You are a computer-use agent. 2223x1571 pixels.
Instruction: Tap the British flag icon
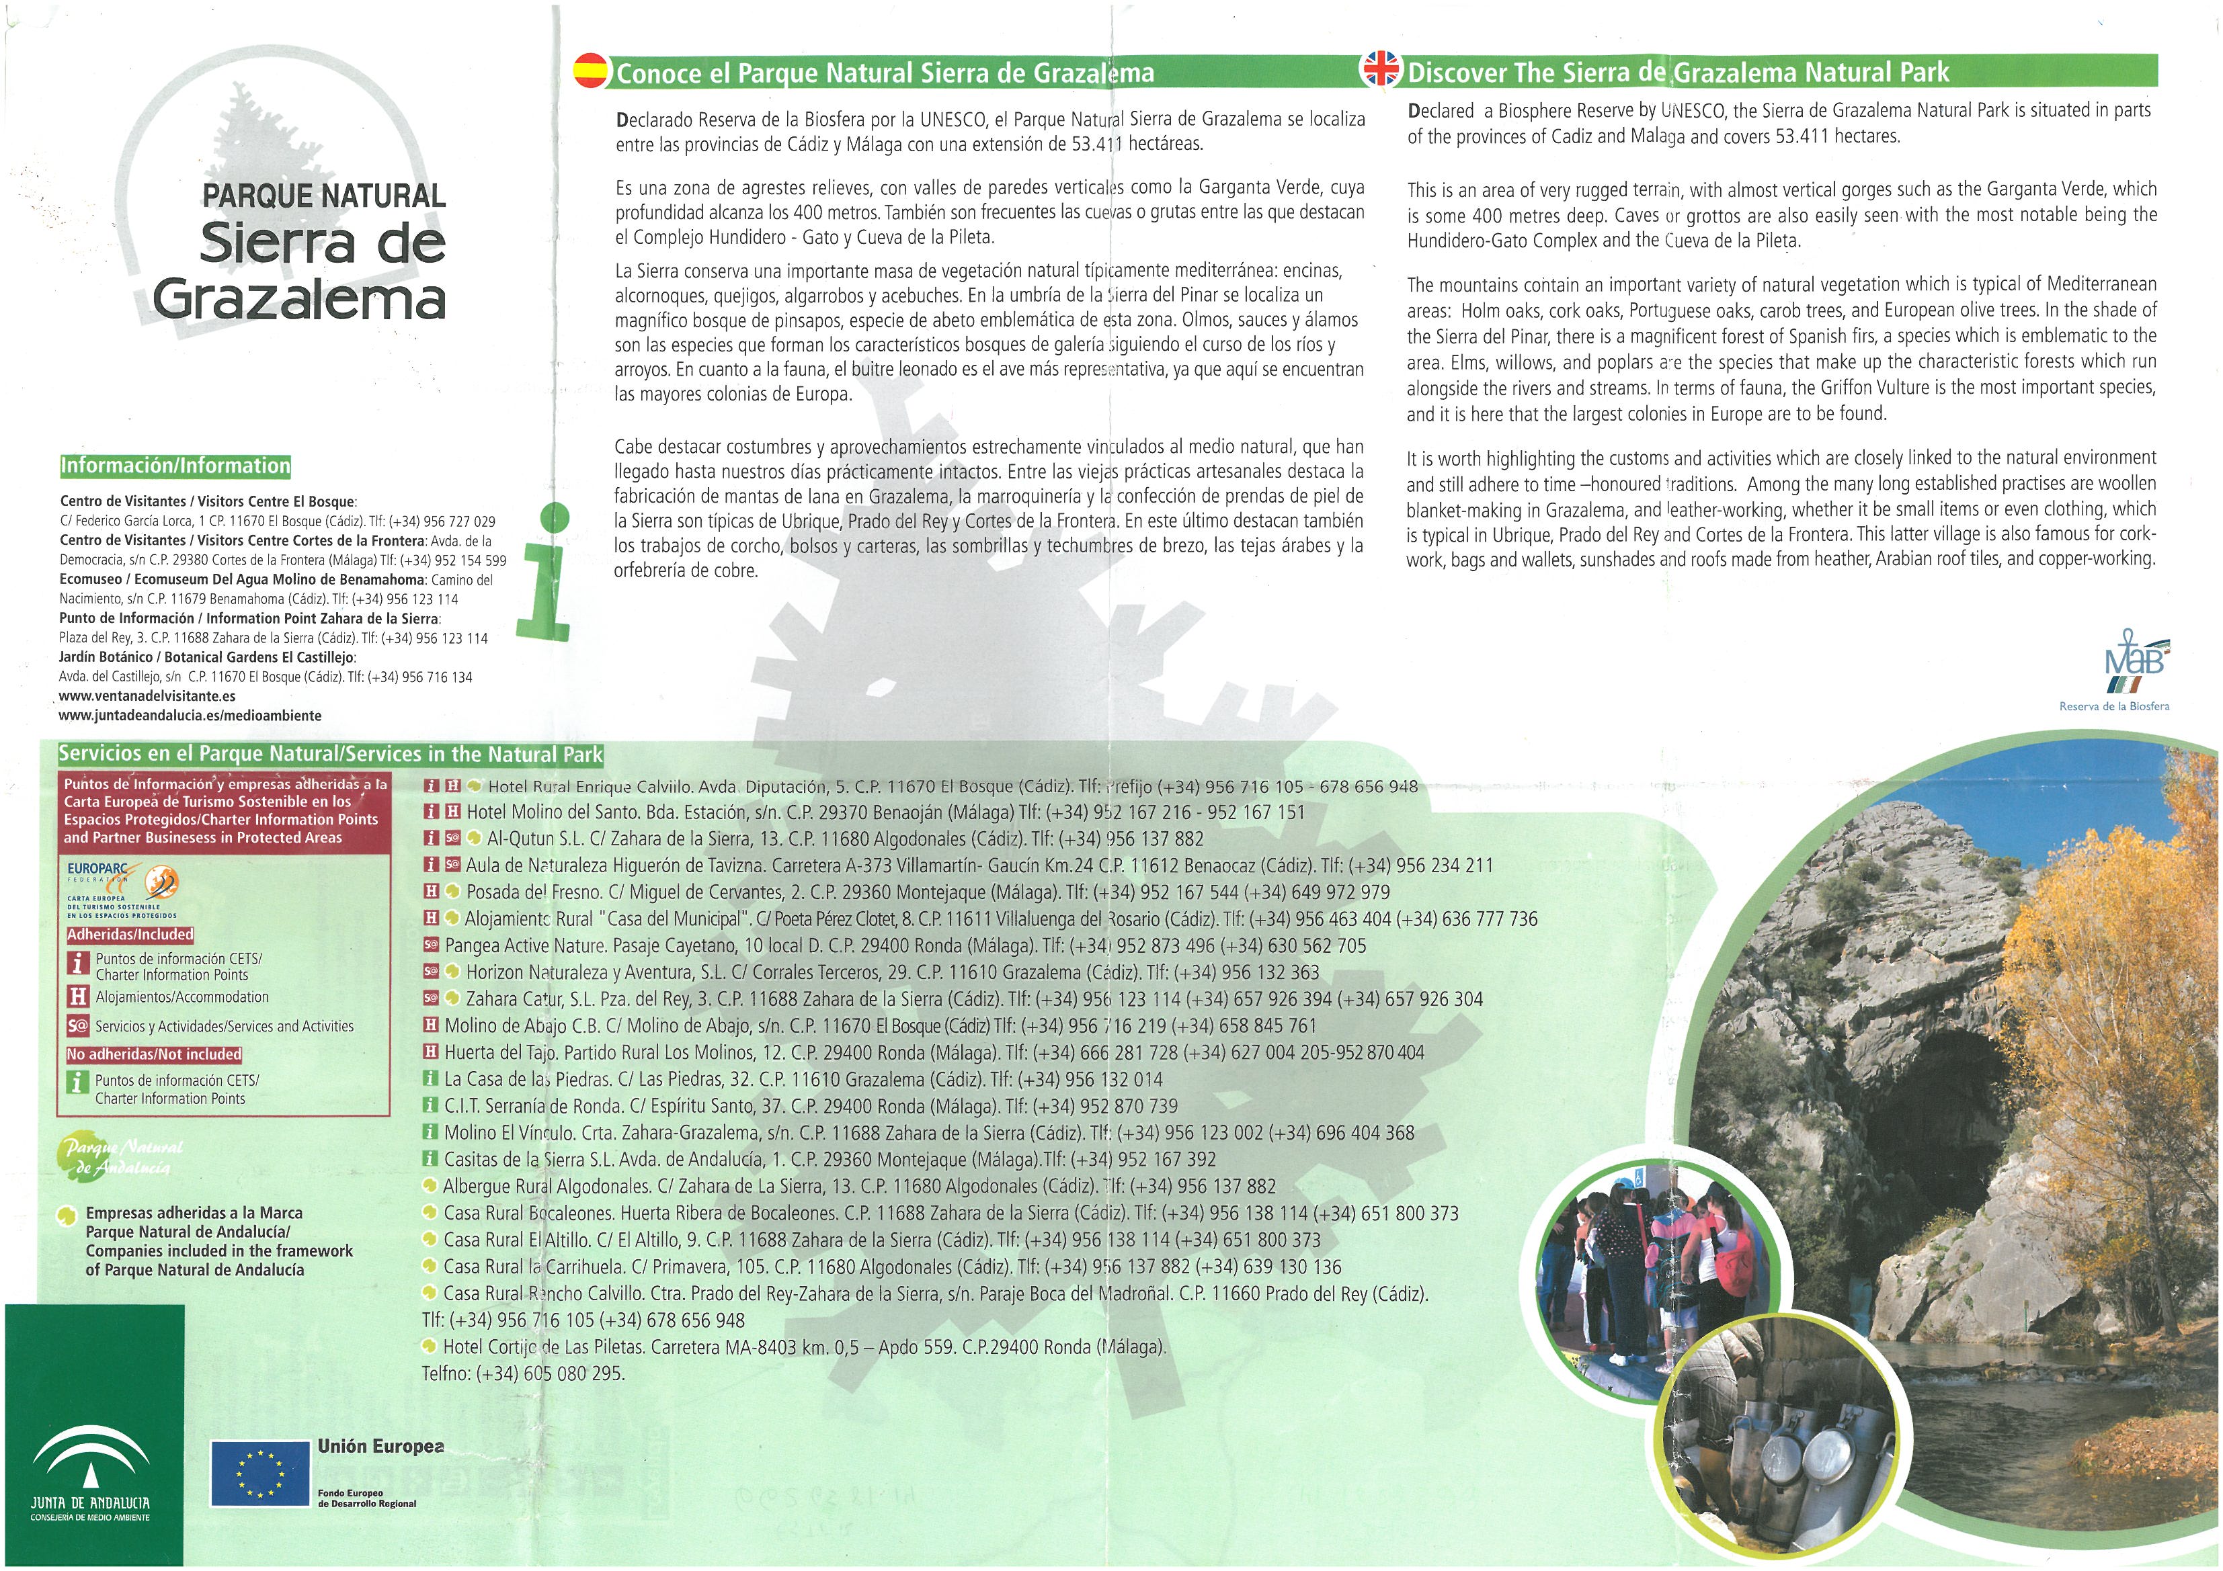pos(1381,69)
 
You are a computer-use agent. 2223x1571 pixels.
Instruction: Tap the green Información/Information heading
pos(175,466)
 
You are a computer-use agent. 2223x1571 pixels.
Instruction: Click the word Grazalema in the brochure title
pos(298,298)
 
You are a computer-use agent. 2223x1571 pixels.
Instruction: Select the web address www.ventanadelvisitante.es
pos(147,696)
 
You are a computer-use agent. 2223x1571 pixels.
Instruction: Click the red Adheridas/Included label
pos(130,934)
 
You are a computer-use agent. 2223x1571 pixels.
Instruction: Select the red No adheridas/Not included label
pos(154,1054)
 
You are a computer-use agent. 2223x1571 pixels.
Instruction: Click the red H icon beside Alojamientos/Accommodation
pos(77,996)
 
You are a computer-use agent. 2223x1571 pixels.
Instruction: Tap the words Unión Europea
pos(380,1446)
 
